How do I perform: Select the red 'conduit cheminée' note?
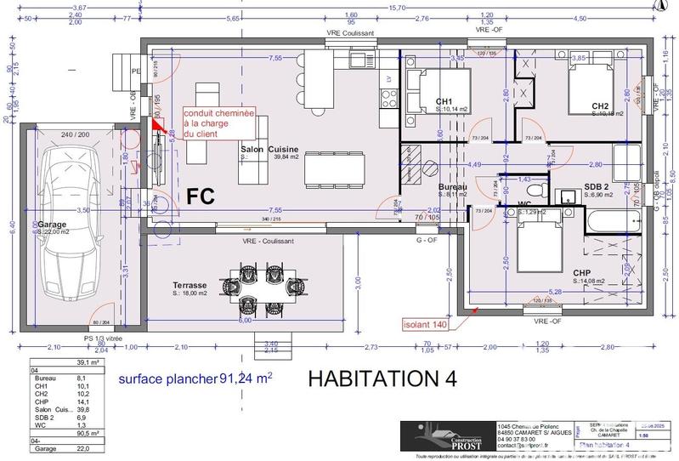pyautogui.click(x=219, y=122)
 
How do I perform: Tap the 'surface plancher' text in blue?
pyautogui.click(x=167, y=378)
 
